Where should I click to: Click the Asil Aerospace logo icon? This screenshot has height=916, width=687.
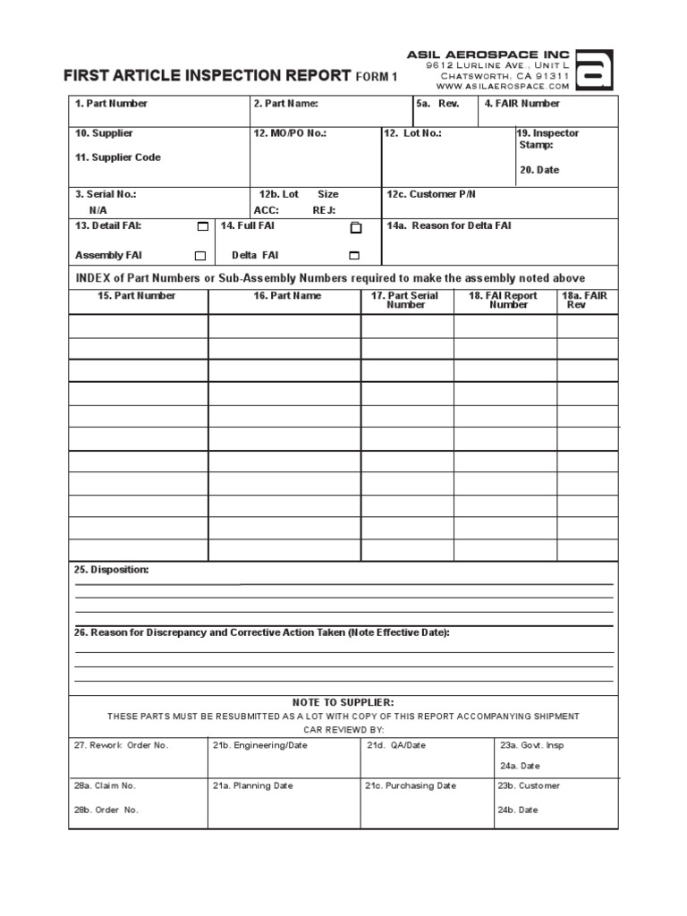(592, 72)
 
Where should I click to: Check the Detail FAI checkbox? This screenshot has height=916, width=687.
(202, 227)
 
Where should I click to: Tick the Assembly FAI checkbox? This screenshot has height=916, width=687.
(200, 256)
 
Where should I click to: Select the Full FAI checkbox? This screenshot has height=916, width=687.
(356, 227)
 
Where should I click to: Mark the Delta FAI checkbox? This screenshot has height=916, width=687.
(354, 255)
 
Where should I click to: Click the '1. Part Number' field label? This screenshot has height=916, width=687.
(111, 104)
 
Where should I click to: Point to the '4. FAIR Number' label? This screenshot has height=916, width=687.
(522, 104)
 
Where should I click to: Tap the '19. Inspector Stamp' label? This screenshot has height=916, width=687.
(548, 139)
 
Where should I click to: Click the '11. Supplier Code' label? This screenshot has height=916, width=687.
(118, 157)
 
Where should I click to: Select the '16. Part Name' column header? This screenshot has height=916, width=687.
(284, 296)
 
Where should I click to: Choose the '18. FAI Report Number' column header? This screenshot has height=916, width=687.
(509, 301)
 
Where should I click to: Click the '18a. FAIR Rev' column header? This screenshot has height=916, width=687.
(584, 301)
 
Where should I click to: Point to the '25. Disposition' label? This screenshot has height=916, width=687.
(112, 570)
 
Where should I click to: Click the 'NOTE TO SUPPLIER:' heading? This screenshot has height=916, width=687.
(343, 702)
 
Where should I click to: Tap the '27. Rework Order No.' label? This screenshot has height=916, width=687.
(122, 745)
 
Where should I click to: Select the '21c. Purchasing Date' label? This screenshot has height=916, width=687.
(410, 786)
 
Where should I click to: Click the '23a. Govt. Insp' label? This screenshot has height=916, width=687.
(532, 745)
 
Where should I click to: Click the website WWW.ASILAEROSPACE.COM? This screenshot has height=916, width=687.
(503, 87)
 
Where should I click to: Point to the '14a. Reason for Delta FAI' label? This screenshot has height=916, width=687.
(449, 226)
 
